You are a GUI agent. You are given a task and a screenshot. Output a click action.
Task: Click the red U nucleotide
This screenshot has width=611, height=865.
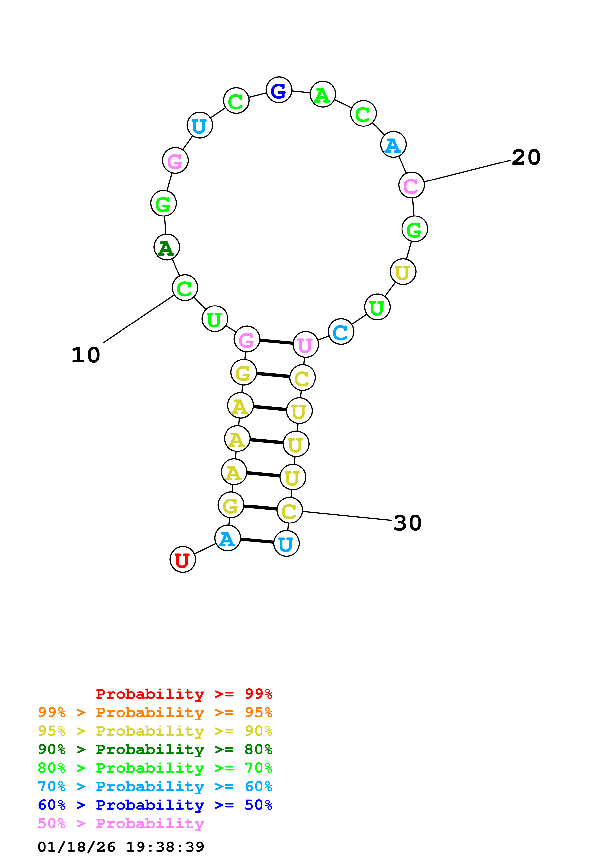point(183,559)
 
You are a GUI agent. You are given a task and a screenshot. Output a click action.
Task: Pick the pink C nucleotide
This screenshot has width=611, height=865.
point(411,185)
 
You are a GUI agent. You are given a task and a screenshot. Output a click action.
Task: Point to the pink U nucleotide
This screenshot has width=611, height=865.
point(305,344)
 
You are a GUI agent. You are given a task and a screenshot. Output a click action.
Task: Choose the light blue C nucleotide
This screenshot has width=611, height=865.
point(341,332)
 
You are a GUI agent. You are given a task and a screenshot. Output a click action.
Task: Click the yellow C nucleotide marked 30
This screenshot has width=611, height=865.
point(290,510)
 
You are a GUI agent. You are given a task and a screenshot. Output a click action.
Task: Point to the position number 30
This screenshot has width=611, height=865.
point(407,523)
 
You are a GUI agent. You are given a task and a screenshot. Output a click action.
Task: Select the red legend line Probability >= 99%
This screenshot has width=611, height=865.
point(184,694)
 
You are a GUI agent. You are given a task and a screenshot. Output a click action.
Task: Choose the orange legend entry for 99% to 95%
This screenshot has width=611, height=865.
point(155,712)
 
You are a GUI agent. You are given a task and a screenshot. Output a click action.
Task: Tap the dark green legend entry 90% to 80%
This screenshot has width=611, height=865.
point(155,749)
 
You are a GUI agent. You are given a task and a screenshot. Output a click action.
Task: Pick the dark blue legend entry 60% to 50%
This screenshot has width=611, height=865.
point(155,805)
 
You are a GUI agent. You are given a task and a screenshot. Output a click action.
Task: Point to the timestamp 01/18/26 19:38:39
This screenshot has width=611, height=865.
point(121,847)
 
